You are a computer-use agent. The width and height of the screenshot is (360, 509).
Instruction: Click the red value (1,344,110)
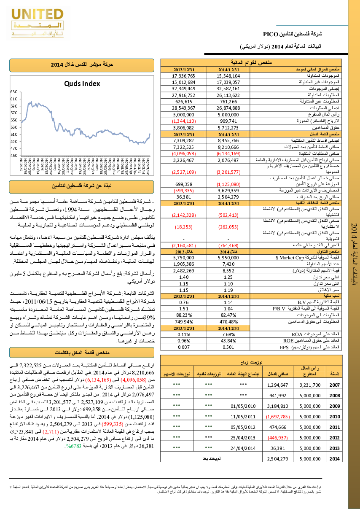tap(183, 121)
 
